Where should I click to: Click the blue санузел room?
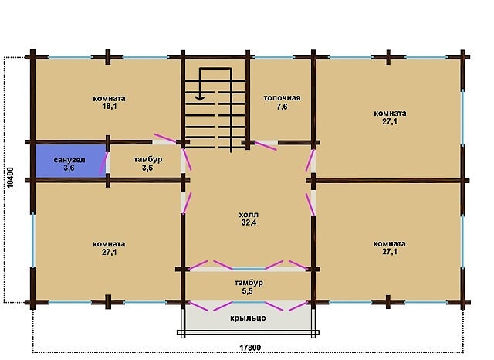[x=70, y=161]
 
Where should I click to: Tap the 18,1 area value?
[x=110, y=107]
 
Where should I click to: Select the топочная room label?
[x=282, y=98]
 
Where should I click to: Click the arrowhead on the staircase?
[x=199, y=97]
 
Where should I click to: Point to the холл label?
[x=249, y=215]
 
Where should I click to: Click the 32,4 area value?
[x=249, y=222]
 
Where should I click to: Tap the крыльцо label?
[x=248, y=318]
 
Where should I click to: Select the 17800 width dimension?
[x=250, y=348]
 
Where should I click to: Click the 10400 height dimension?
[x=10, y=178]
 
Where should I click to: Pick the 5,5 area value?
[x=247, y=291]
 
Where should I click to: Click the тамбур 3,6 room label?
[x=148, y=159]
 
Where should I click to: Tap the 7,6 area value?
[x=282, y=107]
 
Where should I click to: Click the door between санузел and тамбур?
[x=103, y=163]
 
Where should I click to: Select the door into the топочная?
[x=266, y=146]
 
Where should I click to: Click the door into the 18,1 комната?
[x=164, y=139]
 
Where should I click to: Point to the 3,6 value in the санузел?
[x=69, y=168]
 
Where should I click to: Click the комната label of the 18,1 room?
[x=109, y=98]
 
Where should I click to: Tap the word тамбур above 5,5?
[x=249, y=283]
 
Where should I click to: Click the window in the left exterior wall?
[x=32, y=240]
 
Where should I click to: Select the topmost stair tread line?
[x=215, y=80]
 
